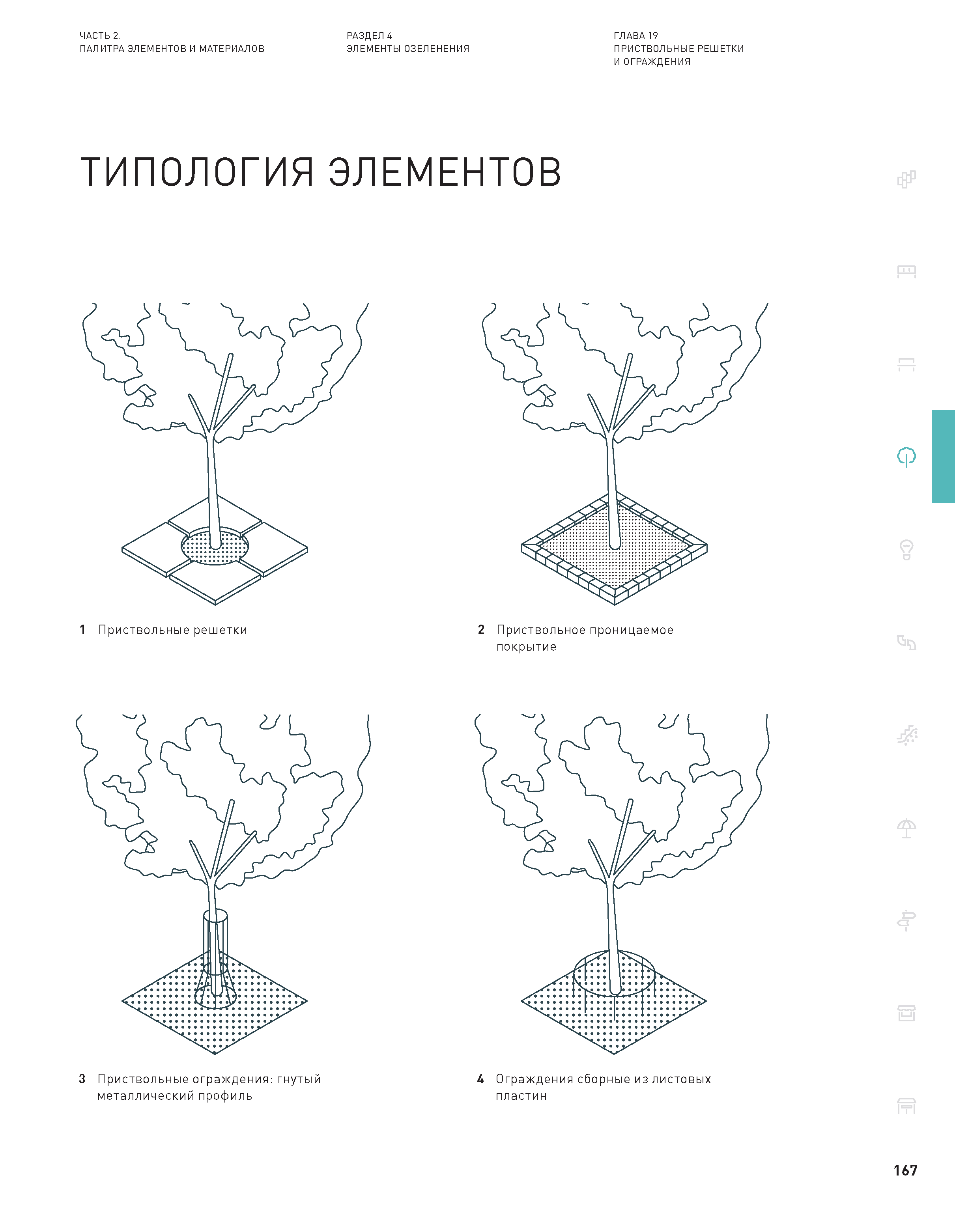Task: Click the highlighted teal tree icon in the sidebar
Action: coord(906,457)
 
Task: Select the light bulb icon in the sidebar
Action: coord(906,550)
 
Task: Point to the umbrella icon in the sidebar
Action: coord(906,828)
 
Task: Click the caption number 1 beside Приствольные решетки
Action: coord(83,630)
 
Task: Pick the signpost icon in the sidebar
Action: coord(906,920)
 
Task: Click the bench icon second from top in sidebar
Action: coord(906,272)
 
